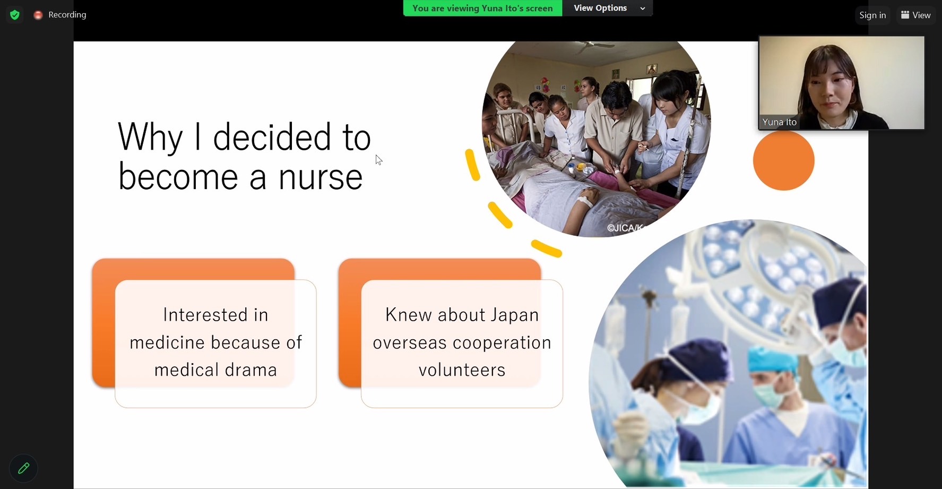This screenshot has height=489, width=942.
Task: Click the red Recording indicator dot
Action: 38,15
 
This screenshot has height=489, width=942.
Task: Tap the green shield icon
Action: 15,15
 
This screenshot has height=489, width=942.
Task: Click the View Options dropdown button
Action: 608,8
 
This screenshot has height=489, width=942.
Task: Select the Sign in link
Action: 872,15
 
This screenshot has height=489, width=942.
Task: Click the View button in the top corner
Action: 916,15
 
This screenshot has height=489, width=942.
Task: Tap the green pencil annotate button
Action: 23,468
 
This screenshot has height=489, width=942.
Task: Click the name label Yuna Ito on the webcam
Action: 779,122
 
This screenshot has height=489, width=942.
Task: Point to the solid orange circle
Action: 783,160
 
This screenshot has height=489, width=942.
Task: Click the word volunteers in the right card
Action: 462,370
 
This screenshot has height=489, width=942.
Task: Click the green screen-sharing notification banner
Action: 482,8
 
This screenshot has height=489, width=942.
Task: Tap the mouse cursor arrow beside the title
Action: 378,160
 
